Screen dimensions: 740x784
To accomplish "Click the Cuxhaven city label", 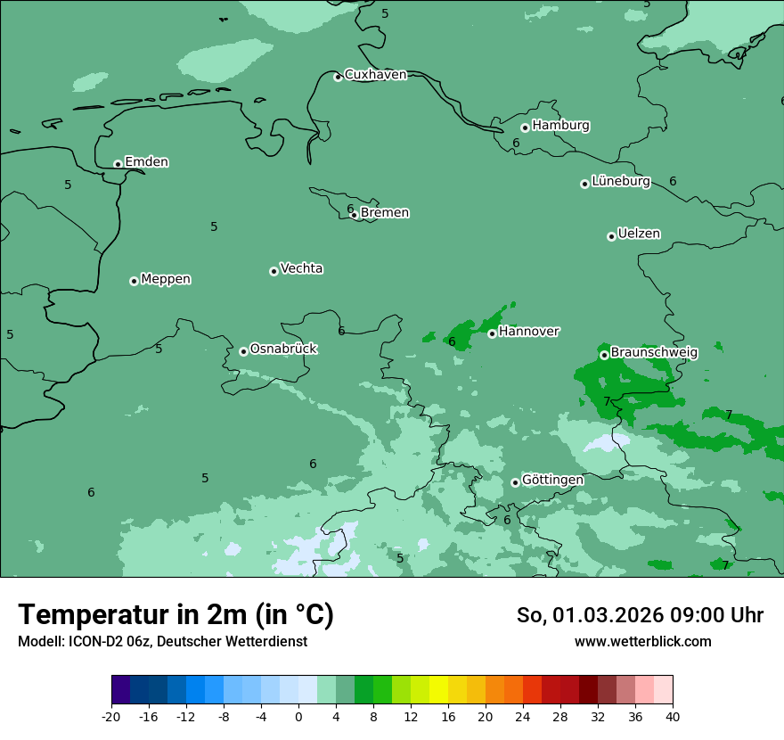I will [x=375, y=75].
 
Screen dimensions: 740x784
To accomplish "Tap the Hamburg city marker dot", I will [x=526, y=127].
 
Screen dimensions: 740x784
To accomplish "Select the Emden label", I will [x=146, y=162].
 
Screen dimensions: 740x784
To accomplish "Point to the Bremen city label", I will [x=385, y=213].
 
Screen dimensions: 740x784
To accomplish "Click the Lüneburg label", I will [x=621, y=182].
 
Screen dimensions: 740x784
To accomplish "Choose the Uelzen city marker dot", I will [x=611, y=236].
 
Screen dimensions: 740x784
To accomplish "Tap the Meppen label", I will [x=166, y=279].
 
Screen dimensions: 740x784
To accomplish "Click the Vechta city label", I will [x=301, y=268].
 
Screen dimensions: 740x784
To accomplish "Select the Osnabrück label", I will [x=283, y=349].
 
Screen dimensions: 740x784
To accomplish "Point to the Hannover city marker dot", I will [x=492, y=333].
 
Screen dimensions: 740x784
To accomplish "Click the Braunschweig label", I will [x=654, y=353].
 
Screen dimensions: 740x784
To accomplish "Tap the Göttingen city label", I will [x=552, y=481].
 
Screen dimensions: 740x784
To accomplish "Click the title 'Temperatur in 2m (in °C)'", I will [x=176, y=615].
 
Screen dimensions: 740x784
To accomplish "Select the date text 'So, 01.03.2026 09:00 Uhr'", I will [x=640, y=615].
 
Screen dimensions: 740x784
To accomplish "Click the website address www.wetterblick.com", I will [x=642, y=642].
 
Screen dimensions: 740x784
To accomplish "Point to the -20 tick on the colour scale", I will [x=111, y=716].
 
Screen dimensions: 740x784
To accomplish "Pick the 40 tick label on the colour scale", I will [x=673, y=716].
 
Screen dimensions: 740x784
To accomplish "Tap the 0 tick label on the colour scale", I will [x=298, y=716].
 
